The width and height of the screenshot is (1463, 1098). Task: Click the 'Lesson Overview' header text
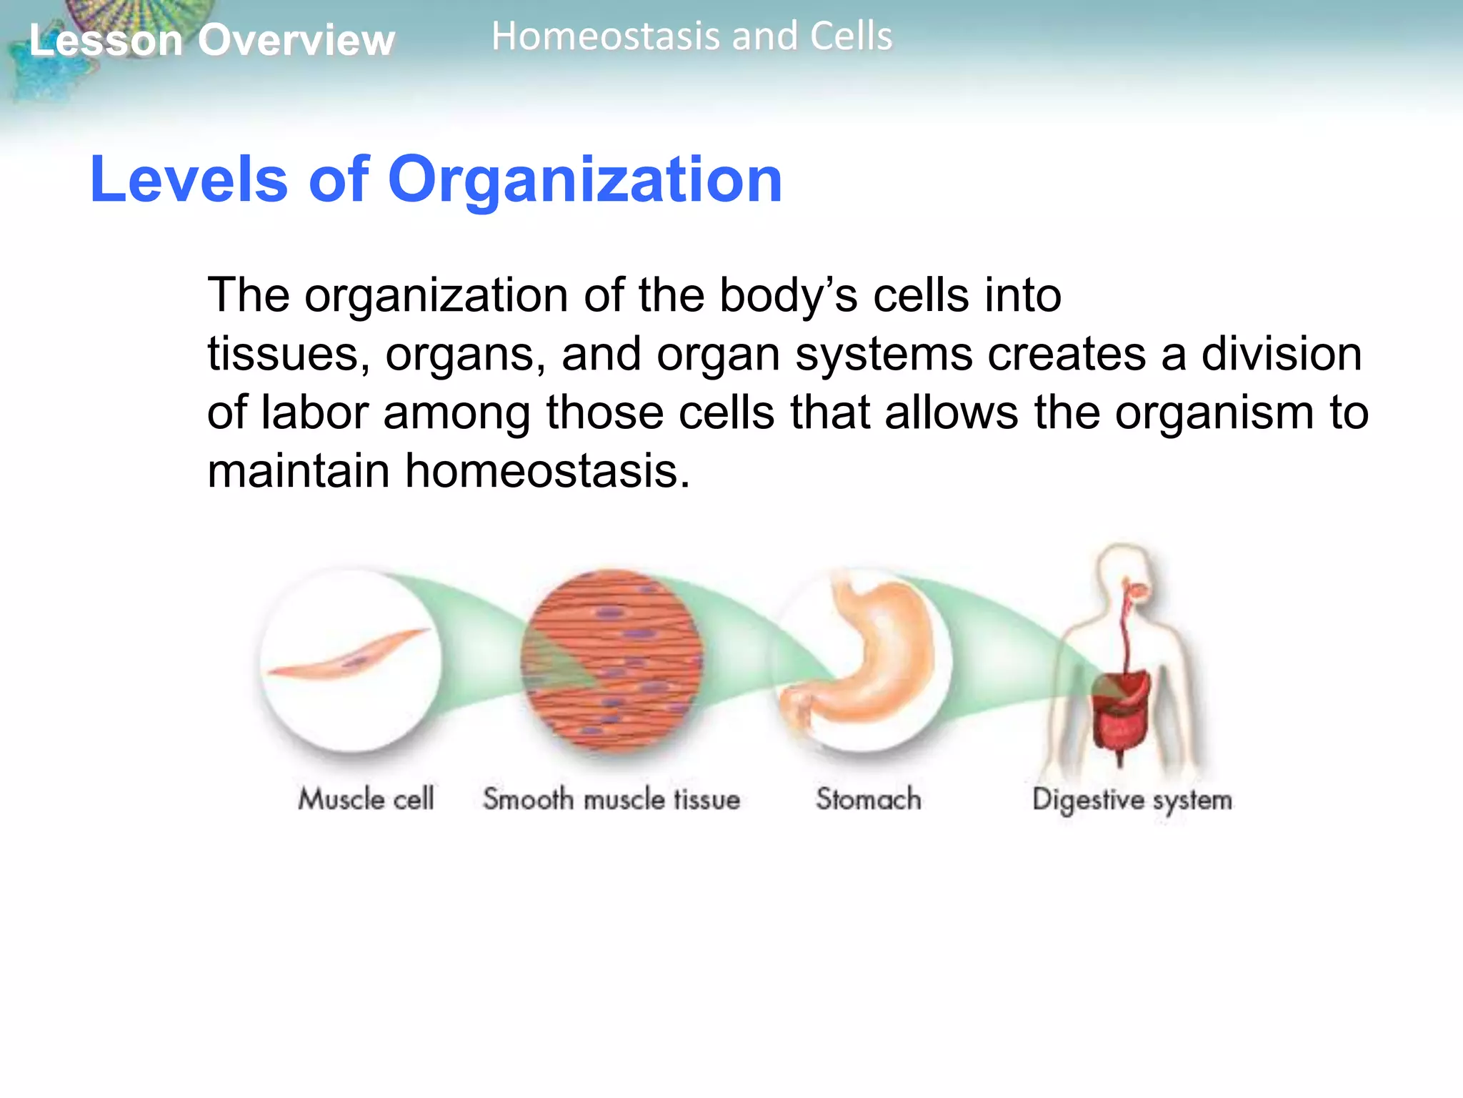211,40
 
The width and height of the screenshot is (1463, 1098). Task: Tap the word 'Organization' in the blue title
584,180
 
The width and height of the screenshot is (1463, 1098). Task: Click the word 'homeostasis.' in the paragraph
547,472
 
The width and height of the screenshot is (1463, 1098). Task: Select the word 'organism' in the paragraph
1214,413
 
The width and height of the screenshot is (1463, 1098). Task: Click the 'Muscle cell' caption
366,798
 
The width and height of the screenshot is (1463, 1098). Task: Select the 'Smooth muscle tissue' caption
611,799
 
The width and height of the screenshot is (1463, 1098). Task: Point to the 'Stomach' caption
868,799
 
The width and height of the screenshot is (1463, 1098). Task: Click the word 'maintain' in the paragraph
298,472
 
